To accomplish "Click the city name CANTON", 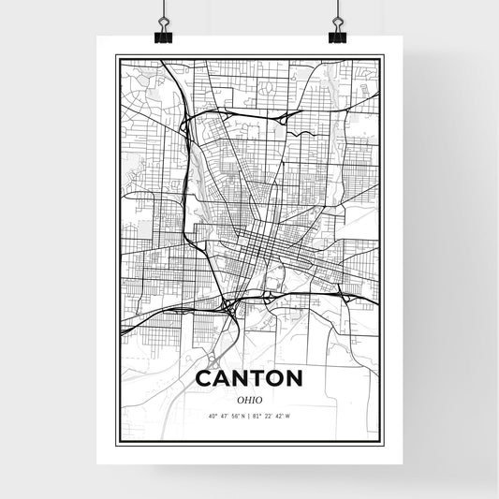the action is tap(249, 379).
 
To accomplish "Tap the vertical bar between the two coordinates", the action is tap(249, 416).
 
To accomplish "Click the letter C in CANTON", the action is tap(204, 379).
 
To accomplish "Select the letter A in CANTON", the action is tap(225, 379).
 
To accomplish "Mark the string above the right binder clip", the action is tap(337, 11).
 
